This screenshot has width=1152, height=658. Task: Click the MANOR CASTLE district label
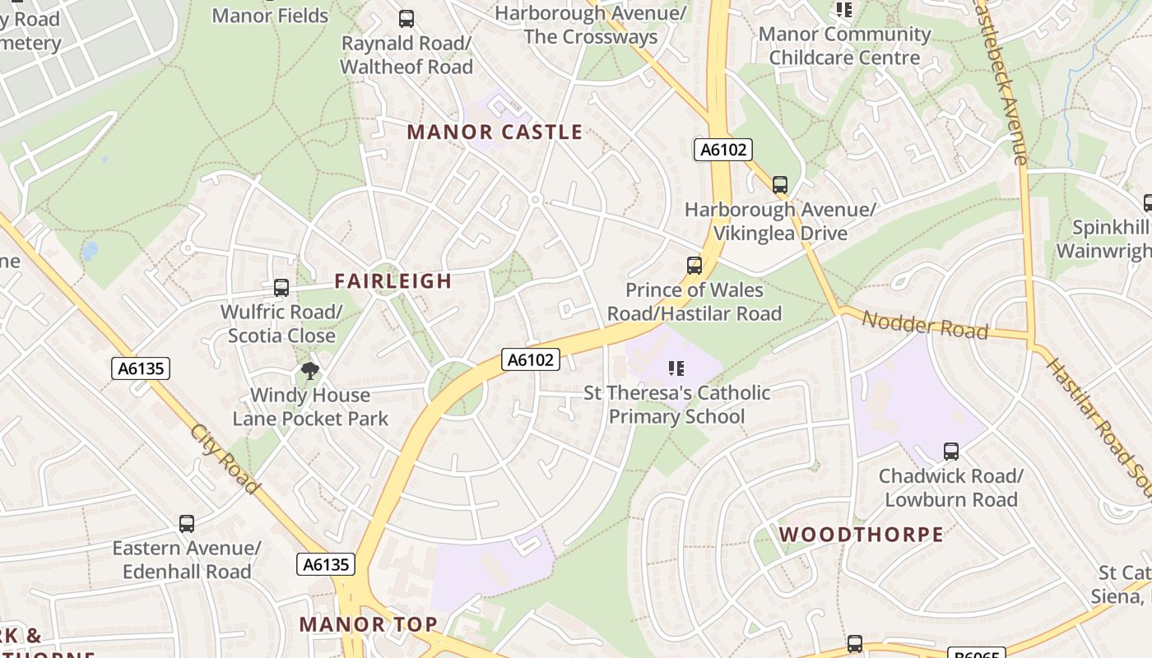(x=495, y=132)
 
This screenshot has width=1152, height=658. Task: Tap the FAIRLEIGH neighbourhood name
(x=393, y=281)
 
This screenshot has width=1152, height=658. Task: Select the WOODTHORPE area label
(x=862, y=534)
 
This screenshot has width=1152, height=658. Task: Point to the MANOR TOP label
(x=368, y=623)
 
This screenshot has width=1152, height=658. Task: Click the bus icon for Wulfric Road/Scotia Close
(x=281, y=288)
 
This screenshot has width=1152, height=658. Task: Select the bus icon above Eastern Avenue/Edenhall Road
(x=187, y=524)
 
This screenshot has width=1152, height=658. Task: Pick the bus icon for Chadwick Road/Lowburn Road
(x=951, y=452)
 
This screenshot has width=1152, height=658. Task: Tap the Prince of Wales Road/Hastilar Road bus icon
(x=694, y=266)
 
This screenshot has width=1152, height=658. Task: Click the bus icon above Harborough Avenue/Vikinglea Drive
(x=780, y=185)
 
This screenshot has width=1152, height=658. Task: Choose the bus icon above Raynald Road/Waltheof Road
(x=406, y=19)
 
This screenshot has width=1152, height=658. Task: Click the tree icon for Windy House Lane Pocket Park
(x=310, y=371)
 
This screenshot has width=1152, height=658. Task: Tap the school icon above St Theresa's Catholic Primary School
(x=676, y=368)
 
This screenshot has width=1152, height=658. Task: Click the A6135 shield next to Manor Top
(x=325, y=564)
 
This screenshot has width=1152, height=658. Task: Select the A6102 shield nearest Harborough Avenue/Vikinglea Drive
(x=723, y=150)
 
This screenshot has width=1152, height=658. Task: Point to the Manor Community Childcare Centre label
(x=844, y=46)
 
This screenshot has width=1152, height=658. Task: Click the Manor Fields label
(x=270, y=15)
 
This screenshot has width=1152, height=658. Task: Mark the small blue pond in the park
(x=90, y=249)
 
